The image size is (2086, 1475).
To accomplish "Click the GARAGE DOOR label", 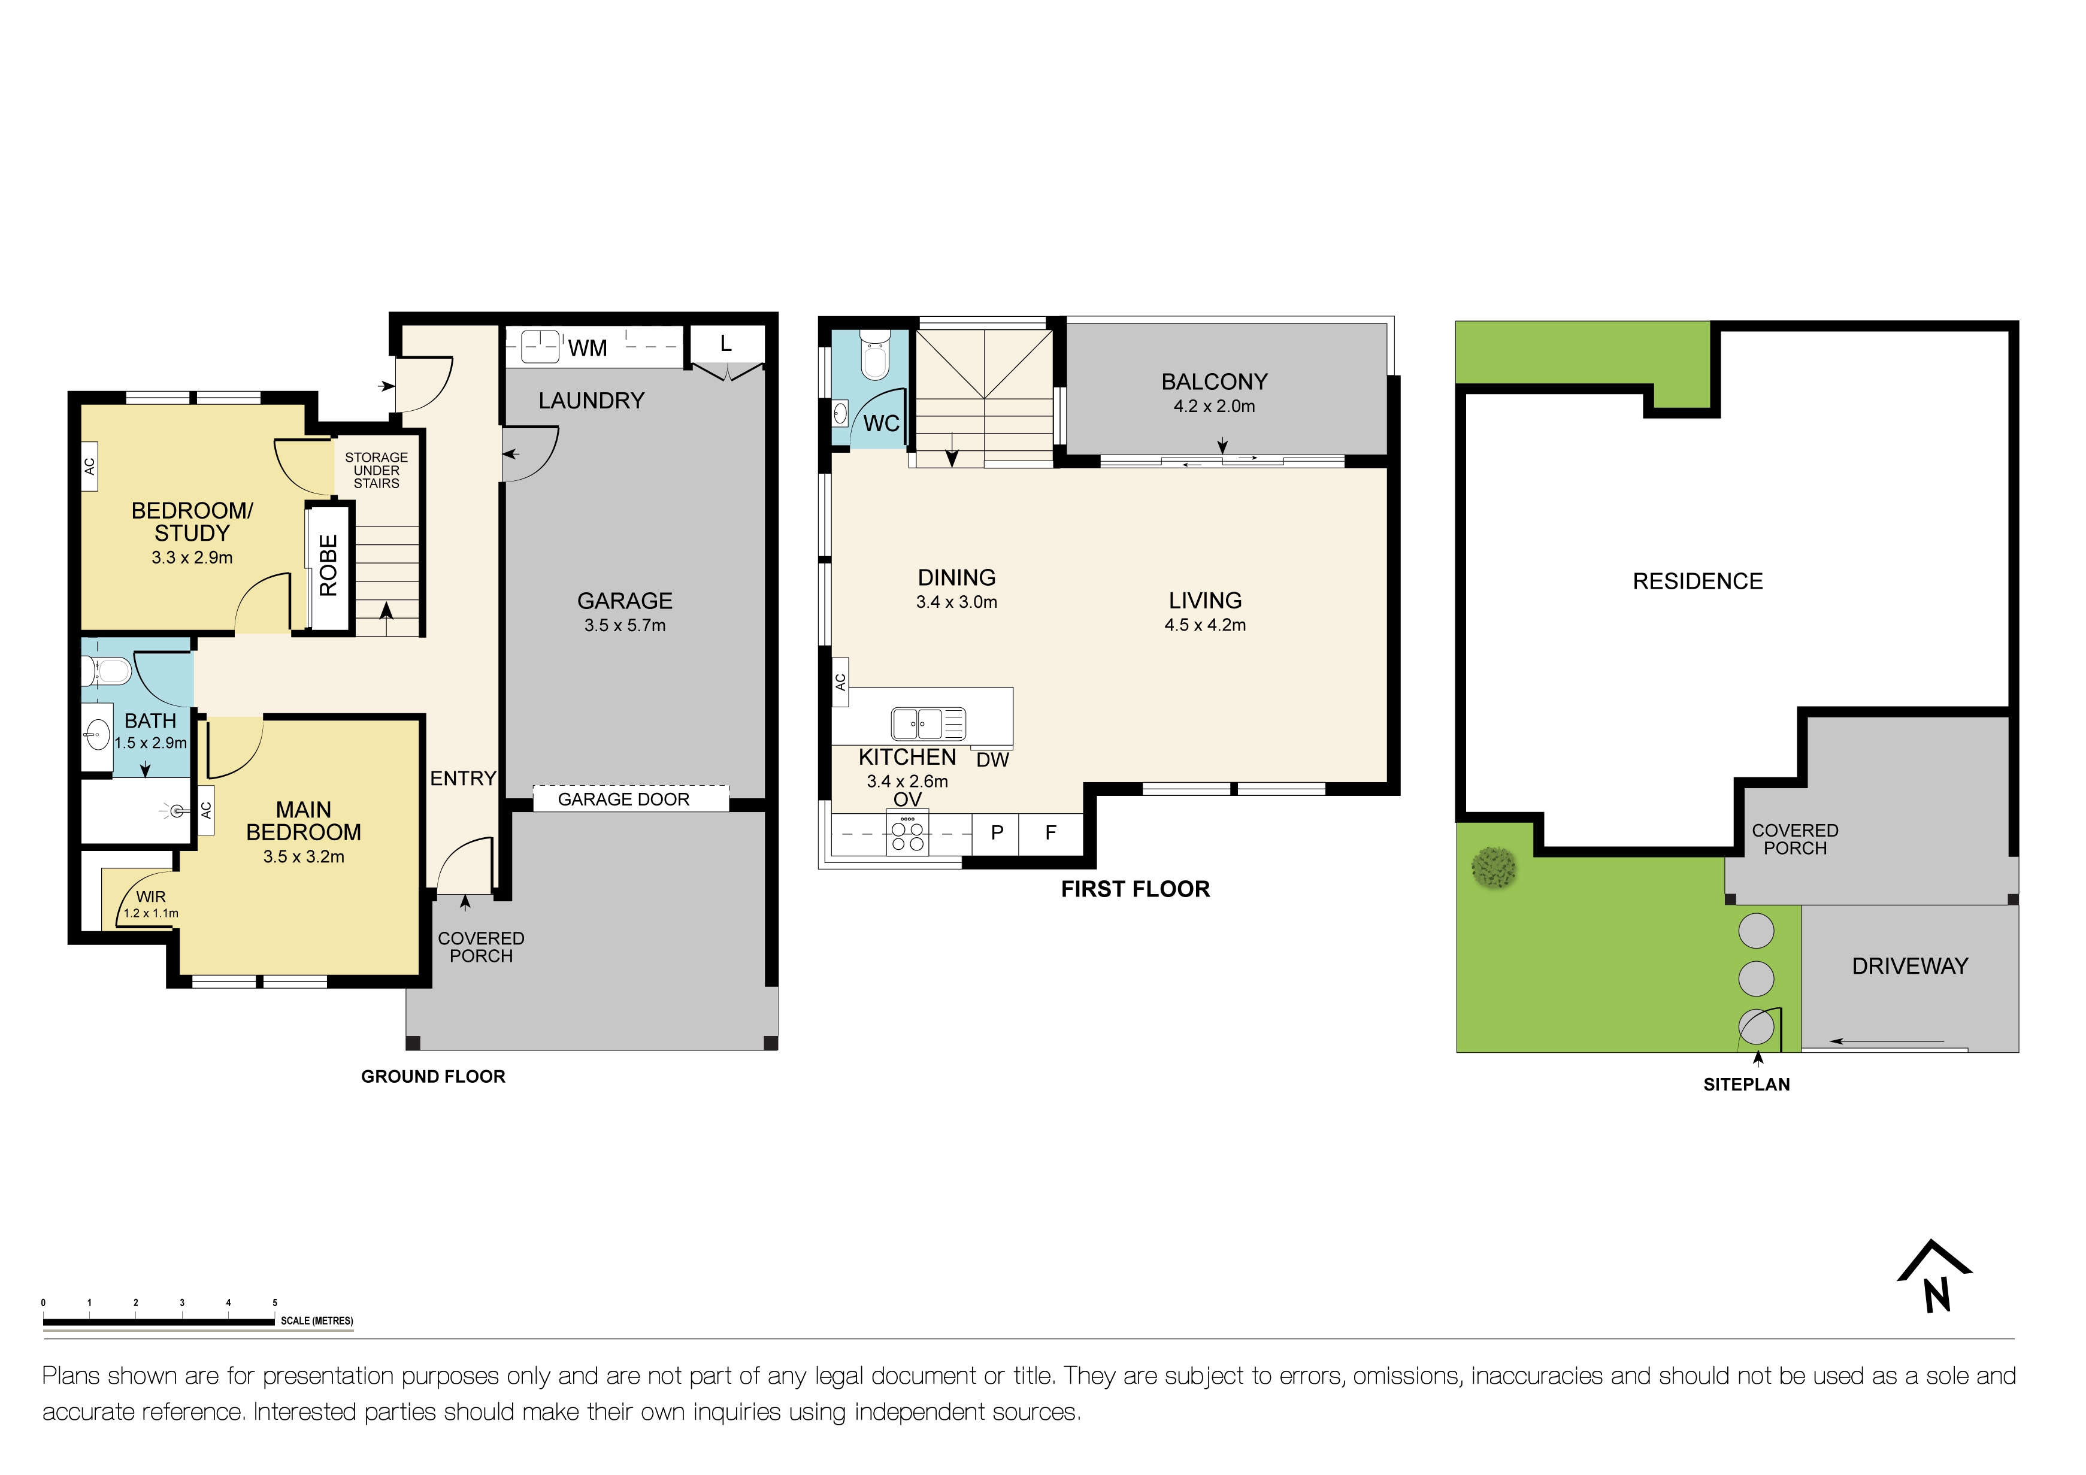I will tap(623, 799).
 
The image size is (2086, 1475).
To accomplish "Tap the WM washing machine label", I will tap(587, 348).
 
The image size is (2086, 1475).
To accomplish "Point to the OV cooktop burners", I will tap(907, 835).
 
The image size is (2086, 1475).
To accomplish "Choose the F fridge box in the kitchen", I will tap(1050, 833).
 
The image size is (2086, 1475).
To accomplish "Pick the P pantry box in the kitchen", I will tap(997, 833).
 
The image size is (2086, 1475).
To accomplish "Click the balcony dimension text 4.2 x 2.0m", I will tap(1214, 406).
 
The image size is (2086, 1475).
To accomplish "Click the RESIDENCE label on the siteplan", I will tap(1697, 581).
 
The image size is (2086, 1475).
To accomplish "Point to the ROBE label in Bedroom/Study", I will tap(329, 565).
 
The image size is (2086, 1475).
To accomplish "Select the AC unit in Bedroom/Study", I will tap(90, 466).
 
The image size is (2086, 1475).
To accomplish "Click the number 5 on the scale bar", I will tap(274, 1303).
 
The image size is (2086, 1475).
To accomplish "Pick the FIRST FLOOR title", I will tap(1135, 889).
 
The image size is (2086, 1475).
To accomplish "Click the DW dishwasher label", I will tap(992, 760).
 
